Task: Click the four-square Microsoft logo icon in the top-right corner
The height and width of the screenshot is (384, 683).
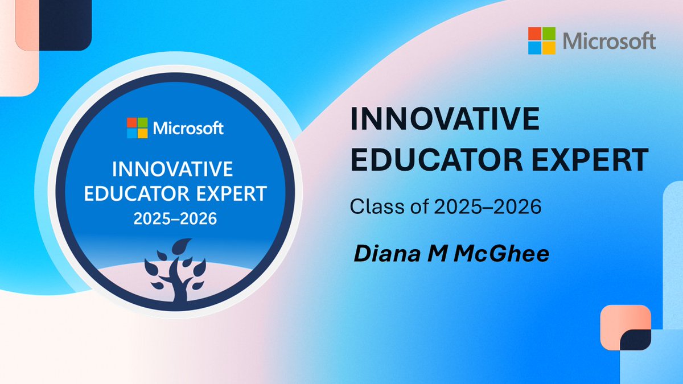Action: [542, 40]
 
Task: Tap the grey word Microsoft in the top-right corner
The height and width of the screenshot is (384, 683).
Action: [609, 41]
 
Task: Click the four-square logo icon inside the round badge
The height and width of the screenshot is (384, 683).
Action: [137, 128]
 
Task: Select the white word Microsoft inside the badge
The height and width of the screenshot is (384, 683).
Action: [187, 129]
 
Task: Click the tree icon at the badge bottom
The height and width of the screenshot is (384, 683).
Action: [175, 272]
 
